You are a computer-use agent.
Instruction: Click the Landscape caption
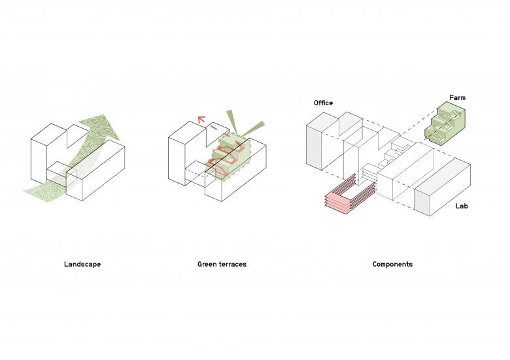coord(82,264)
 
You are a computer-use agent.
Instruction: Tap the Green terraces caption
coord(222,264)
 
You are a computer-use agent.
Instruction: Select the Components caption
coord(392,264)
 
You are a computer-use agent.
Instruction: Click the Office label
coord(323,103)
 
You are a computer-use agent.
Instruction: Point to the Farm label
coord(457,97)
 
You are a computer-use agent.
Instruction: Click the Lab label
coord(462,206)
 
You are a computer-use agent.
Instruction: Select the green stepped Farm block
coord(445,123)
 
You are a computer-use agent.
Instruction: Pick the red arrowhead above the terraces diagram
coord(201,120)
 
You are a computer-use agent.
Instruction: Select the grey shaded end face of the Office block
coord(314,147)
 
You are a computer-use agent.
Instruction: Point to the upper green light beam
coord(233,122)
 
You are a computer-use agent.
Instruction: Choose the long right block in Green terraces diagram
coord(236,171)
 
